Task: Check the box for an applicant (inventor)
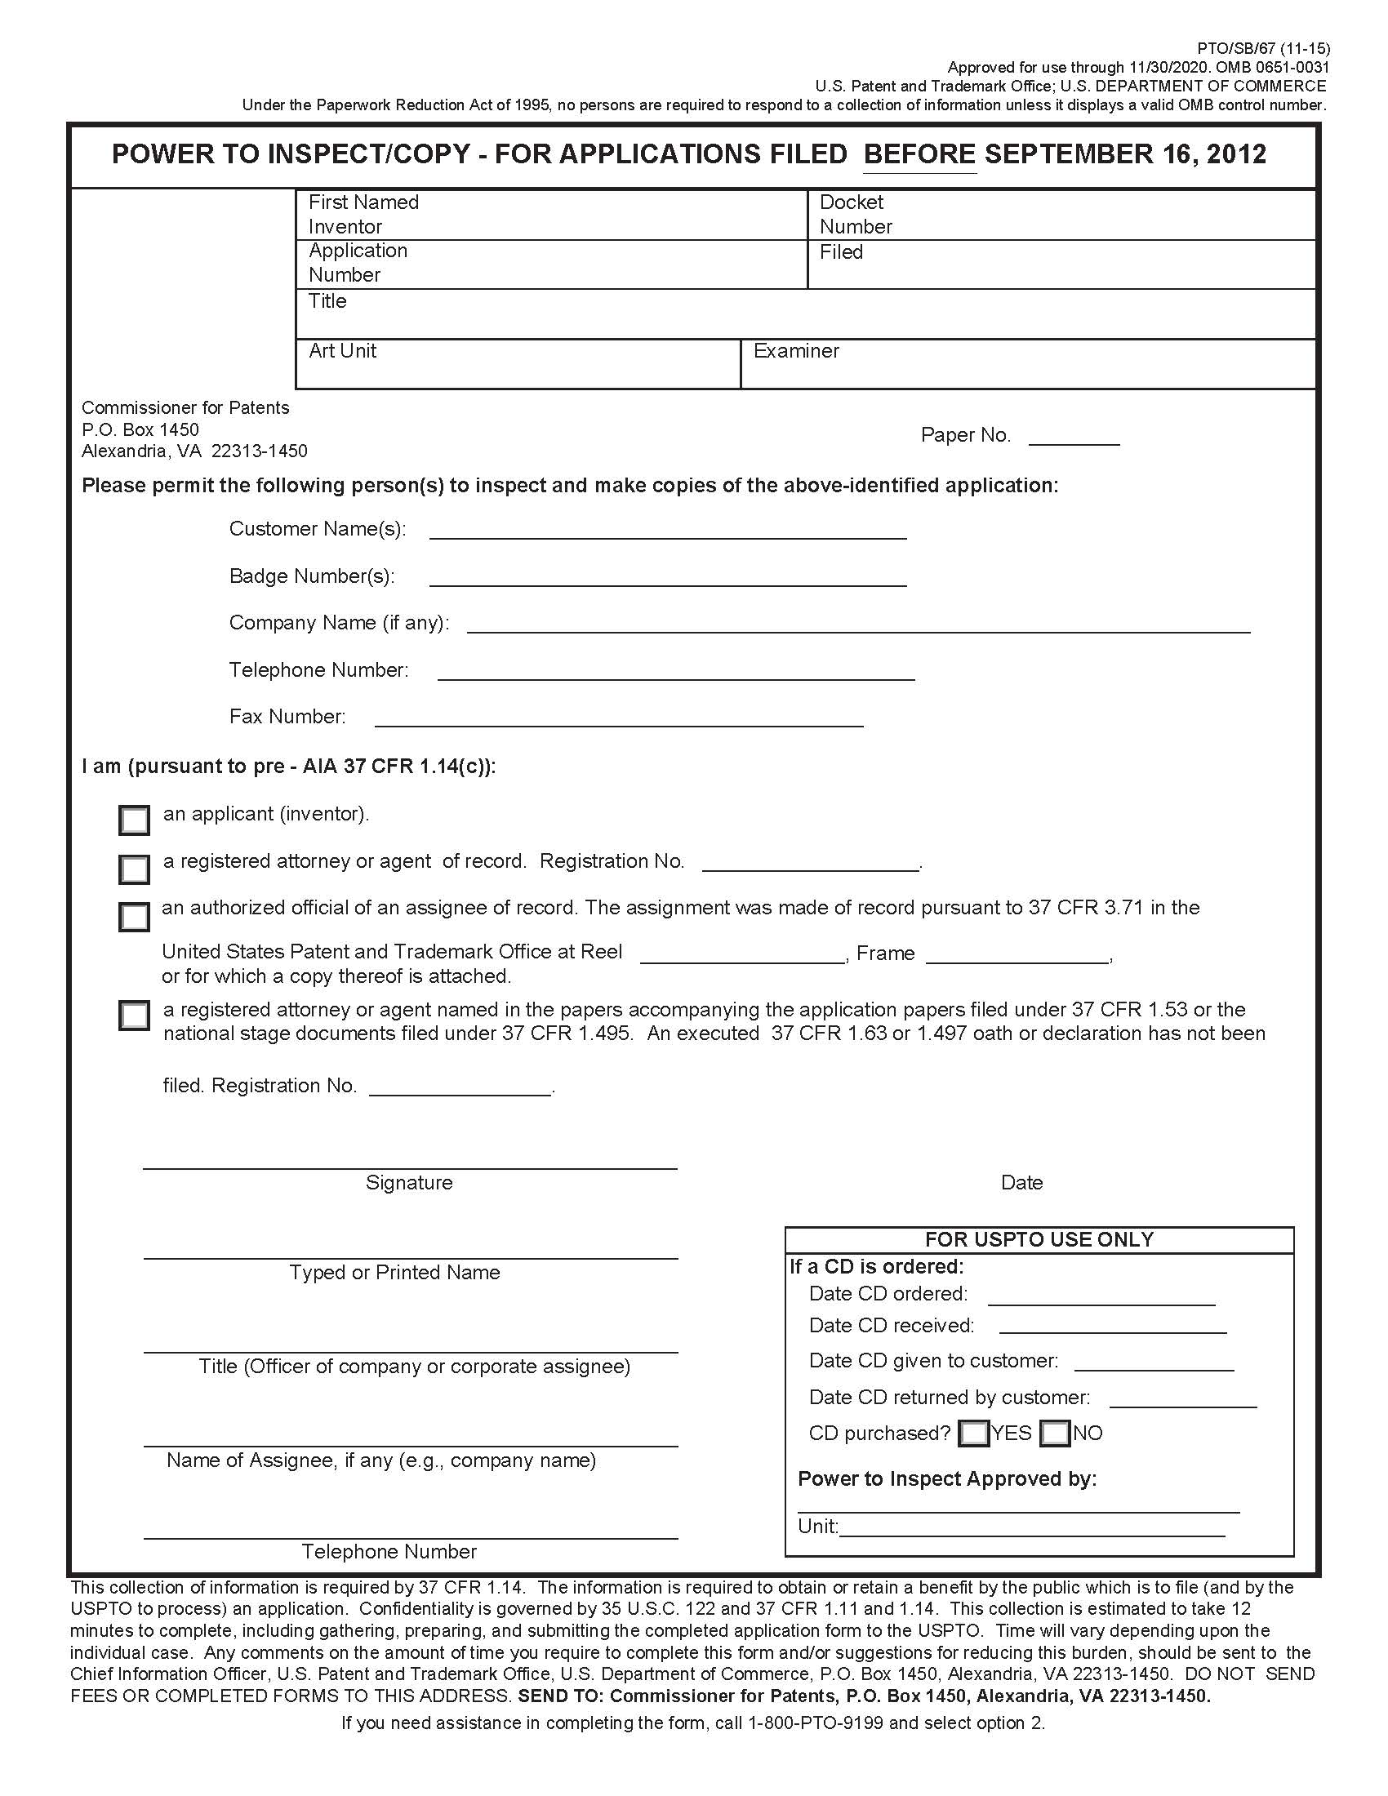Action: click(x=134, y=820)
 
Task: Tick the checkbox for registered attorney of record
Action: click(x=134, y=869)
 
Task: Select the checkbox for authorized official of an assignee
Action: click(x=134, y=916)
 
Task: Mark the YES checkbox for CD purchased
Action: click(x=973, y=1434)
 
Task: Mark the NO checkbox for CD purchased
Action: click(x=1054, y=1434)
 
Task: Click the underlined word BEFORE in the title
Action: click(x=919, y=154)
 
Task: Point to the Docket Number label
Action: click(x=855, y=214)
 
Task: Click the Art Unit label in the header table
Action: click(x=342, y=351)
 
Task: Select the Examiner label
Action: click(x=795, y=351)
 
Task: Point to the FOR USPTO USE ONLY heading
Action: click(x=1039, y=1239)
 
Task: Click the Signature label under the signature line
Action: click(x=409, y=1183)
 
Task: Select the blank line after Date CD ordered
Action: click(x=1101, y=1297)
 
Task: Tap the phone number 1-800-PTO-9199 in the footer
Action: click(x=815, y=1723)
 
